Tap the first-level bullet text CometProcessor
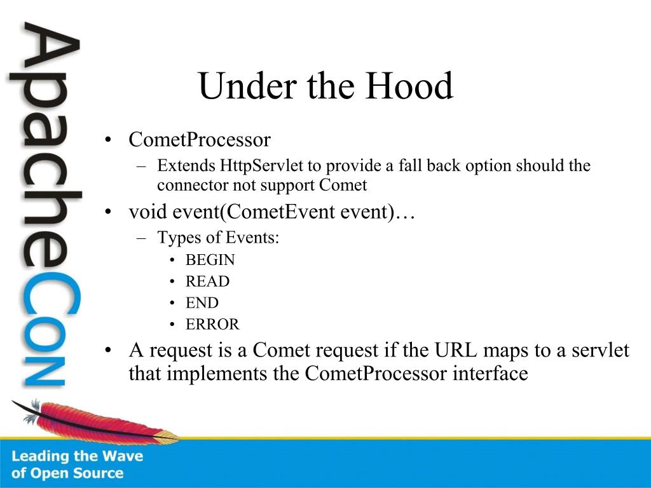tap(200, 139)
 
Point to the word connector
tap(192, 185)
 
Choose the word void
tap(147, 212)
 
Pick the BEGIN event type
tap(210, 260)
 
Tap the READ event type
tap(208, 281)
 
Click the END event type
tap(202, 303)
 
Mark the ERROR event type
tap(212, 325)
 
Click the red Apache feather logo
tap(95, 421)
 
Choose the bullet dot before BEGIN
tap(172, 260)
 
